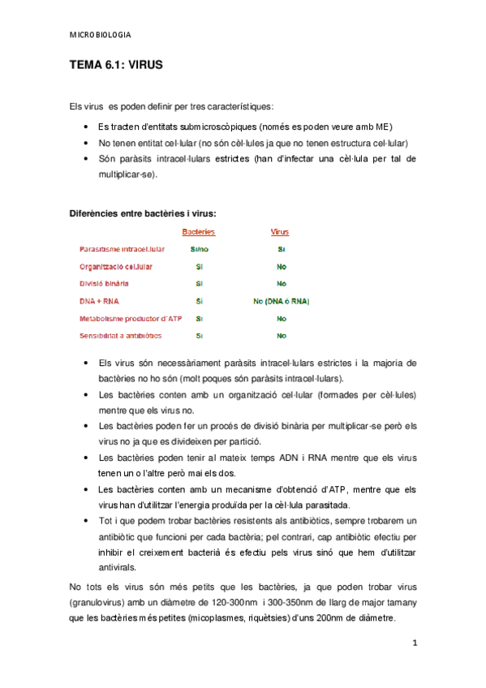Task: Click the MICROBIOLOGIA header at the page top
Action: click(x=101, y=36)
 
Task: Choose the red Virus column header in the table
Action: click(x=280, y=232)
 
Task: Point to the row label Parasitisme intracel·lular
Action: click(x=123, y=249)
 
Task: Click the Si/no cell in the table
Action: click(x=199, y=249)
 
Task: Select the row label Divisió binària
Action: click(x=104, y=284)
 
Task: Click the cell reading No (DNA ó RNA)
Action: click(x=281, y=301)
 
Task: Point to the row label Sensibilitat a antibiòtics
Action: click(x=120, y=336)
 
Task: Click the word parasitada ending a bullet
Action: click(x=325, y=504)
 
